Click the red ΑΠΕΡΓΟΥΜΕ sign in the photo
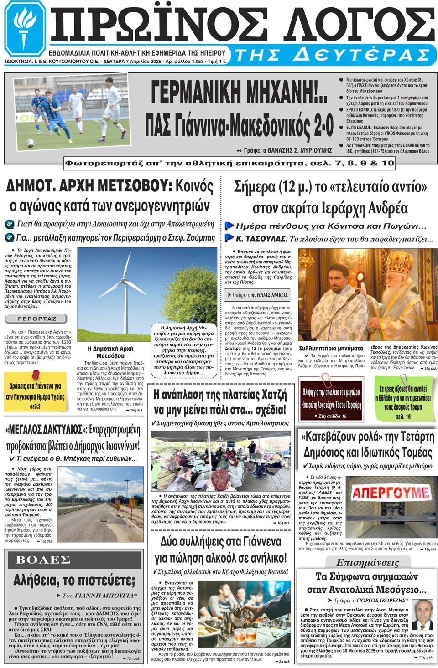[391, 492]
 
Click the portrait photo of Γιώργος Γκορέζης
[422, 614]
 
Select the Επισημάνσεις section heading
[367, 562]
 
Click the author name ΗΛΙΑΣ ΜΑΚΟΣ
[270, 295]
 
